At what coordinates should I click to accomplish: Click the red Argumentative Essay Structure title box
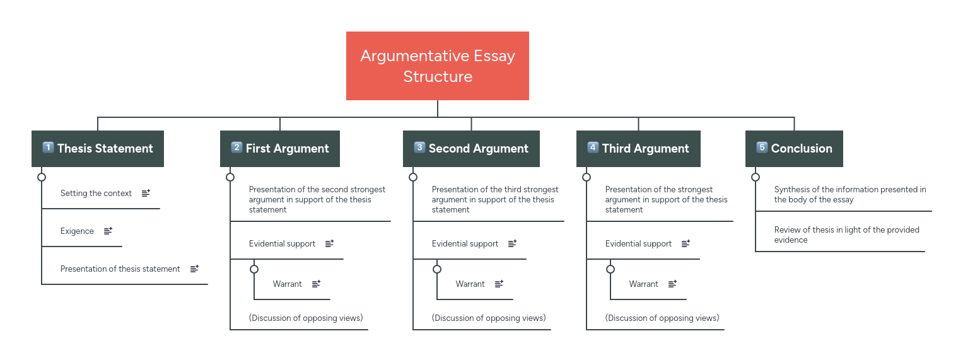pyautogui.click(x=437, y=66)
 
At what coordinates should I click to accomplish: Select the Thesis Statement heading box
pyautogui.click(x=98, y=149)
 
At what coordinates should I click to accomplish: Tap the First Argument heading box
pyautogui.click(x=279, y=149)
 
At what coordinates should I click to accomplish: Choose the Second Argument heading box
pyautogui.click(x=471, y=149)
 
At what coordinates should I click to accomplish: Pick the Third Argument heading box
pyautogui.click(x=638, y=149)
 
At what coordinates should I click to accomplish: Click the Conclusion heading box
pyautogui.click(x=794, y=149)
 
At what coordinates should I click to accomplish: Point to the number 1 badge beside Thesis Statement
pyautogui.click(x=48, y=148)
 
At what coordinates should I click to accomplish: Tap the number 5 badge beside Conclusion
pyautogui.click(x=762, y=148)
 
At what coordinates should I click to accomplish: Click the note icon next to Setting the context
pyautogui.click(x=146, y=194)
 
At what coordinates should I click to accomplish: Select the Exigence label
pyautogui.click(x=77, y=231)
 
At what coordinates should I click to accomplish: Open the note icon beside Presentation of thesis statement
pyautogui.click(x=194, y=269)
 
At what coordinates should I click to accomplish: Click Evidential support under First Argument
pyautogui.click(x=282, y=244)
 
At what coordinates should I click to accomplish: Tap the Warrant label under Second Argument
pyautogui.click(x=470, y=284)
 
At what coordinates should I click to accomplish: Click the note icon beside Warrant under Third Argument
pyautogui.click(x=672, y=284)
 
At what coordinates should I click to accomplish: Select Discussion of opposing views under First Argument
pyautogui.click(x=306, y=318)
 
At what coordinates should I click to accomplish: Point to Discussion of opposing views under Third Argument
pyautogui.click(x=662, y=318)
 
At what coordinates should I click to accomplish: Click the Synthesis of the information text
pyautogui.click(x=849, y=194)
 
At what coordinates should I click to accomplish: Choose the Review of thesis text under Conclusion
pyautogui.click(x=846, y=235)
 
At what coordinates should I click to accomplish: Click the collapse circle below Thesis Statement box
pyautogui.click(x=42, y=177)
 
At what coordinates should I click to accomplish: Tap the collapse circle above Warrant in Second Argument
pyautogui.click(x=437, y=269)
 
